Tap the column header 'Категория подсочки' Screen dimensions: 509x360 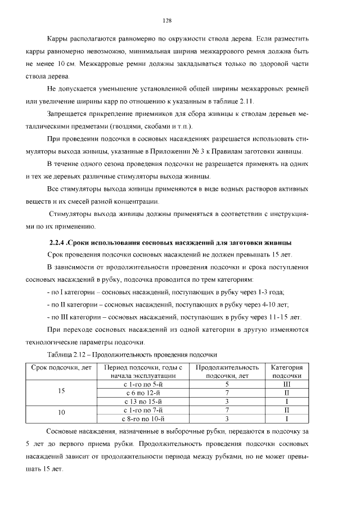click(286, 371)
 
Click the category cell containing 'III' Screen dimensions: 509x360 click(286, 384)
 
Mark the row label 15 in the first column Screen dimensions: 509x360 click(62, 393)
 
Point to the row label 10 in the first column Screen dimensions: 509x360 click(62, 414)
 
